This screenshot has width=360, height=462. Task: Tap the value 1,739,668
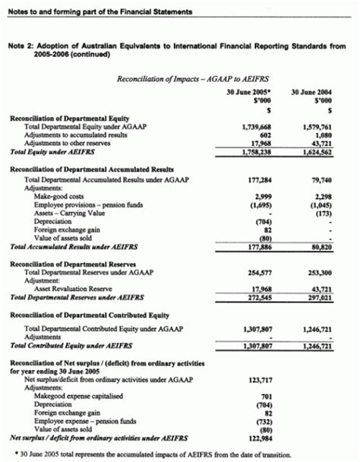pos(257,127)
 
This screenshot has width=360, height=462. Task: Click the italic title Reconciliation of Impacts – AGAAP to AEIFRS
pos(180,78)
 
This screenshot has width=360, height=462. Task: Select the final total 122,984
pos(260,437)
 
